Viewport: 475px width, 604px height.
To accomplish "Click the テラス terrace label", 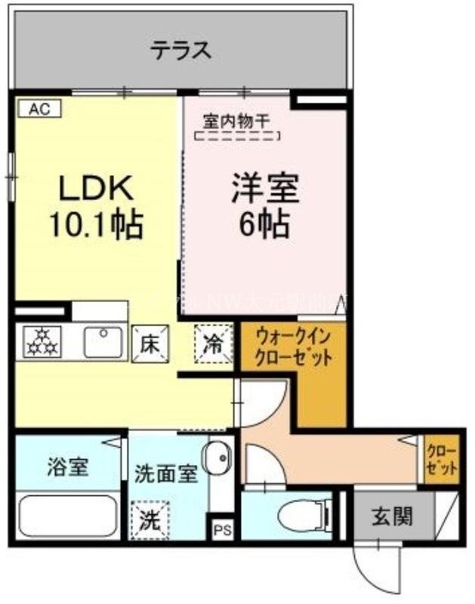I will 180,52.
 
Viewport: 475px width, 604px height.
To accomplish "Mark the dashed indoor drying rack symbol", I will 237,137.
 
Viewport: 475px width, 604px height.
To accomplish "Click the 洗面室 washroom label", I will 166,475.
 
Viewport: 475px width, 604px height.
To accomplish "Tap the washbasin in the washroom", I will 221,458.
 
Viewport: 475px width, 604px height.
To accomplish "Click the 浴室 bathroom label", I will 68,466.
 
